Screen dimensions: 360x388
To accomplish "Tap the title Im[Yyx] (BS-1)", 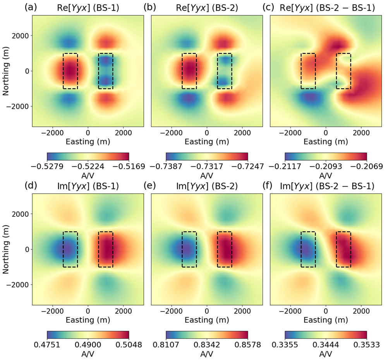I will tap(88, 186).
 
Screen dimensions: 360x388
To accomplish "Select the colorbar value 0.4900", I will tap(88, 345).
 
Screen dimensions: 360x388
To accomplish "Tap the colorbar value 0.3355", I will tap(285, 345).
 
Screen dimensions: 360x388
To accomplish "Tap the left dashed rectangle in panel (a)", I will tap(70, 71).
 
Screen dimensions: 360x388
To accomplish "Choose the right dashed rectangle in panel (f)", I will tap(343, 249).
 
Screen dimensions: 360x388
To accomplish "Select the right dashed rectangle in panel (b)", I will tap(225, 71).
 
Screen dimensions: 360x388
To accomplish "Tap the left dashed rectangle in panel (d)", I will tap(70, 249).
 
